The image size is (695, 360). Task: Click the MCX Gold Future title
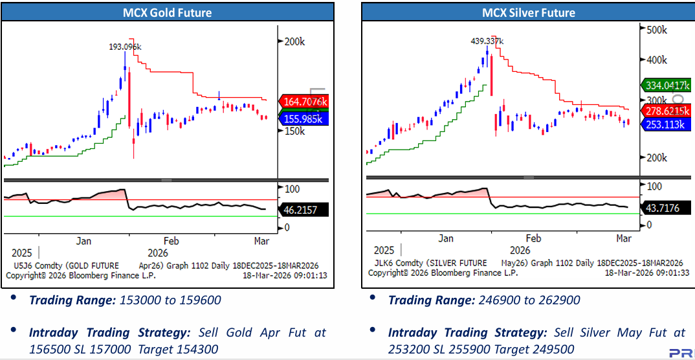(167, 12)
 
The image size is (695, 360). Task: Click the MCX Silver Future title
(528, 12)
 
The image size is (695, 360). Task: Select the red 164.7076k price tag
(305, 102)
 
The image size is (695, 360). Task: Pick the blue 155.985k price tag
(305, 118)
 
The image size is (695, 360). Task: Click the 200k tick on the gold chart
(294, 41)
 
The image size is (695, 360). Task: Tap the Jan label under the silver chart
(446, 238)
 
